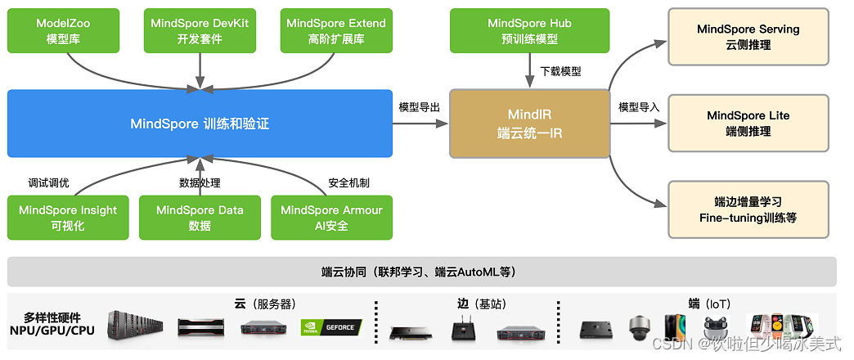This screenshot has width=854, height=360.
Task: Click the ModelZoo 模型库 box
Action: (x=63, y=31)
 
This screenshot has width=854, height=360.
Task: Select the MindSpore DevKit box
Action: (x=200, y=31)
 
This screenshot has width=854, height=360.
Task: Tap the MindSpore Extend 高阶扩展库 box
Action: (x=336, y=31)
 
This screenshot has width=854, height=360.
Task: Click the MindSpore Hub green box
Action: (x=529, y=31)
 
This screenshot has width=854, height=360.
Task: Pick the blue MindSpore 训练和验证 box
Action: (x=200, y=124)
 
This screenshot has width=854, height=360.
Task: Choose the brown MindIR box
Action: (x=529, y=124)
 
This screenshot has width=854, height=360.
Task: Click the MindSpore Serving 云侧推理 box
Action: (x=748, y=37)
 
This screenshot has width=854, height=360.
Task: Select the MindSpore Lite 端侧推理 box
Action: (x=748, y=123)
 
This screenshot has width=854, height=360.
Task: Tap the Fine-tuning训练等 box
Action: (x=748, y=209)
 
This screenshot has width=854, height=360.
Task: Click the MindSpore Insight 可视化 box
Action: (x=68, y=218)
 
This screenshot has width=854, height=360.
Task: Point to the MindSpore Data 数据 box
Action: (x=200, y=218)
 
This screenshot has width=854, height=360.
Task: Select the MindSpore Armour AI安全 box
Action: (x=331, y=218)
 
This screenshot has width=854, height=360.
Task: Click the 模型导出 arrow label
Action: (x=420, y=107)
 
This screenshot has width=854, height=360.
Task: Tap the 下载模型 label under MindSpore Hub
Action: (x=561, y=71)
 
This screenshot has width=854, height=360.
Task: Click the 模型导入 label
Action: (x=639, y=107)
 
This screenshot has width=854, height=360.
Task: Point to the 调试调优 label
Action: (x=50, y=182)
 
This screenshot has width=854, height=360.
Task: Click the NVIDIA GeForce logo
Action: (x=331, y=328)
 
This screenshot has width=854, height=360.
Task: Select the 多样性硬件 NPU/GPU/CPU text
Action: (x=52, y=323)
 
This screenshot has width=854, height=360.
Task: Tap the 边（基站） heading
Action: (x=483, y=304)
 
